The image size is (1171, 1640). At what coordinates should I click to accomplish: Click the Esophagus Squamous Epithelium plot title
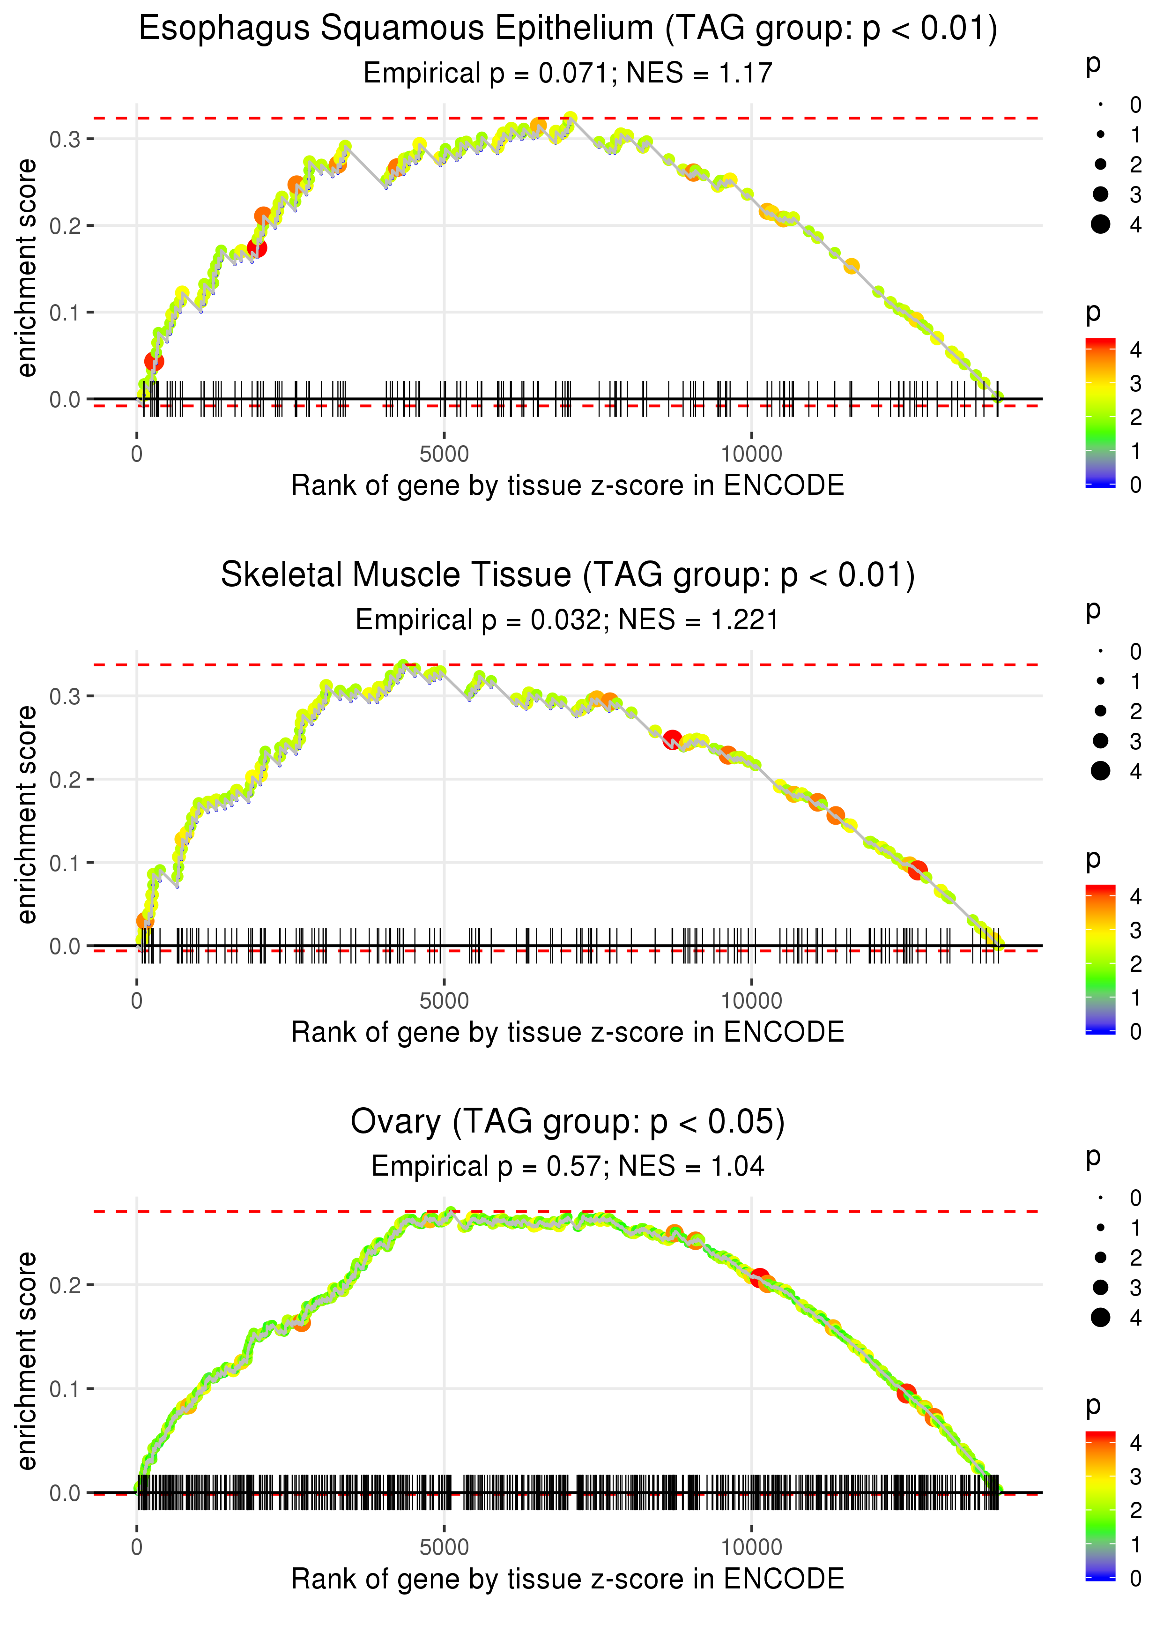click(x=568, y=30)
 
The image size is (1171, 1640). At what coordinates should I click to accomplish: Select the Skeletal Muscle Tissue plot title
click(x=568, y=575)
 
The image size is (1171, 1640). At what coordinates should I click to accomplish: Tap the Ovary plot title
click(x=568, y=1122)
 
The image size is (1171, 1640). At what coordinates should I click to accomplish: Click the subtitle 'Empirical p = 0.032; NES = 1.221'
click(x=568, y=620)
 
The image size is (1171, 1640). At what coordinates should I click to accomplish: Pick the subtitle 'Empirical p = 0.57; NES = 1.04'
click(x=568, y=1166)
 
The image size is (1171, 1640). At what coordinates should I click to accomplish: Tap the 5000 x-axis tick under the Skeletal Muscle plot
click(x=444, y=1000)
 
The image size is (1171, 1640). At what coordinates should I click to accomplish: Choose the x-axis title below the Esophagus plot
click(x=568, y=485)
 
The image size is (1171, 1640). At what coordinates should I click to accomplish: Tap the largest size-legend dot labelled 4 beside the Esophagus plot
click(x=1100, y=224)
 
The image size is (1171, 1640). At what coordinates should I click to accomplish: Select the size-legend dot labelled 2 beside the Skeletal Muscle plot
click(x=1100, y=711)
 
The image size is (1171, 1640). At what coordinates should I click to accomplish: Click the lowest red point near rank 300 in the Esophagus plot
click(x=154, y=361)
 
